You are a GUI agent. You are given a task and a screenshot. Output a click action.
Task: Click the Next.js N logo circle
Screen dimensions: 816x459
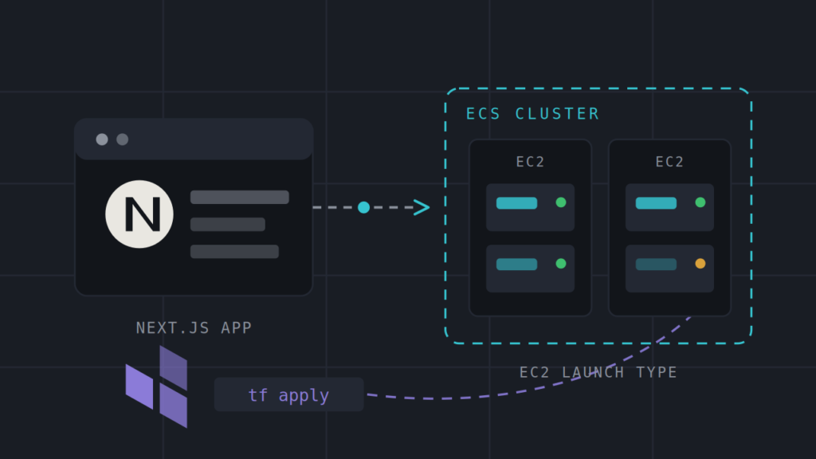(139, 214)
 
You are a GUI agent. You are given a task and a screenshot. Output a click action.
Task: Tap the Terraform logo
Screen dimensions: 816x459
(156, 386)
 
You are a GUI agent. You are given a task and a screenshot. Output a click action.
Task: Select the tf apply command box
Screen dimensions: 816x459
(288, 394)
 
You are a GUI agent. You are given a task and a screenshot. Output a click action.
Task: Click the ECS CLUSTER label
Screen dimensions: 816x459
(532, 113)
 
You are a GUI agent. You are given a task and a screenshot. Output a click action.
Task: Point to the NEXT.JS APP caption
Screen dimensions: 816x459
(194, 328)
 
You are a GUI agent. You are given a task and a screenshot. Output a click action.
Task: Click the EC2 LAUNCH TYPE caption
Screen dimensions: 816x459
(598, 373)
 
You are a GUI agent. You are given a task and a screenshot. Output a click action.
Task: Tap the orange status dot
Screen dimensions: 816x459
(700, 263)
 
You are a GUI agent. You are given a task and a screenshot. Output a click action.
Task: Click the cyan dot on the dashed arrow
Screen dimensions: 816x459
(363, 207)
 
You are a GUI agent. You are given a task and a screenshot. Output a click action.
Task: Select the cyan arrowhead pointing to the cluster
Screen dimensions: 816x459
(422, 207)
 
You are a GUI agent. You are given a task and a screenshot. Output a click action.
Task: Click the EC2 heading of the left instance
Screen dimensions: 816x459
(530, 162)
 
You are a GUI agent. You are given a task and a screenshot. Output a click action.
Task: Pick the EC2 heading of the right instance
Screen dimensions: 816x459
(669, 162)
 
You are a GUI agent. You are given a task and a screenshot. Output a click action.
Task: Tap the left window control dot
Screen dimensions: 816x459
(102, 139)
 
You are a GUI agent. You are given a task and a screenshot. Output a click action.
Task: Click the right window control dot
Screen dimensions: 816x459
(122, 139)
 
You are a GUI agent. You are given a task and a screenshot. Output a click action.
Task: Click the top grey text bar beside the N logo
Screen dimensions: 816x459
(239, 198)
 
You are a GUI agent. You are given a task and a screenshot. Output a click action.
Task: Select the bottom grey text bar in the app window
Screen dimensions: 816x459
(234, 251)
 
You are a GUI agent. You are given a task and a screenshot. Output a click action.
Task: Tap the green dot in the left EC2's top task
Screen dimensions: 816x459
(561, 202)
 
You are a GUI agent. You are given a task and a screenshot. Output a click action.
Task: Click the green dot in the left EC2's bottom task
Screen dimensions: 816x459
(561, 263)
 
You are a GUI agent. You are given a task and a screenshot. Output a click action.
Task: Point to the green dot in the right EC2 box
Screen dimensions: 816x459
(700, 202)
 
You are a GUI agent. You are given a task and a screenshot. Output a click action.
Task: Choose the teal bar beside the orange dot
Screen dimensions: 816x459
(657, 265)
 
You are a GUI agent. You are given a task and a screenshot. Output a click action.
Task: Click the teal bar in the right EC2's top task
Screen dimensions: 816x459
(657, 203)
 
